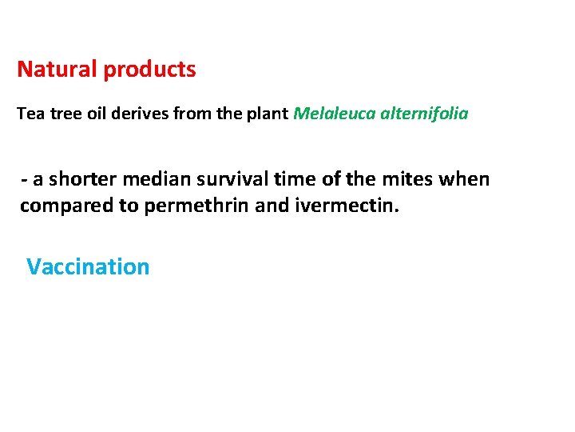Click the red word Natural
(x=57, y=70)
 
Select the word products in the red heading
(x=149, y=70)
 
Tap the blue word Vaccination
(x=88, y=266)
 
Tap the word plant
(x=268, y=114)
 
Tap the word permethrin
(x=183, y=206)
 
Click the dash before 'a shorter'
(x=25, y=179)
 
